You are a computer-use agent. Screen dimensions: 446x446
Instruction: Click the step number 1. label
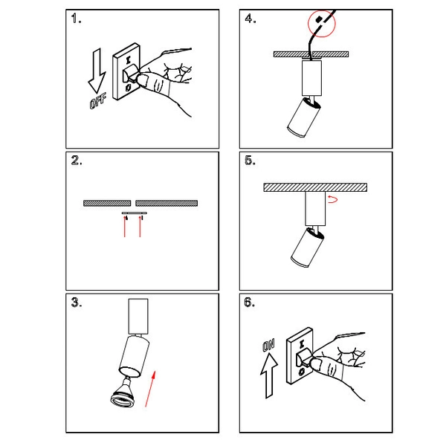(x=76, y=19)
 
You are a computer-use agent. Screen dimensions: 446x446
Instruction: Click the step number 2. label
(x=76, y=161)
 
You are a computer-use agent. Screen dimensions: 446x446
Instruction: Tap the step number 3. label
(x=76, y=303)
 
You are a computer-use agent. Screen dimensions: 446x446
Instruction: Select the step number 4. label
(x=250, y=19)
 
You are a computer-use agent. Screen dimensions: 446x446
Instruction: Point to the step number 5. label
(x=250, y=161)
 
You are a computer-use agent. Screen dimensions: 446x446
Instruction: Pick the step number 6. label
(x=250, y=303)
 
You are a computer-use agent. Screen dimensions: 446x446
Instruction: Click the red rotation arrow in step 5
(x=333, y=199)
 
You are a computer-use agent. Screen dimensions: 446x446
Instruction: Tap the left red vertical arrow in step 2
(x=126, y=227)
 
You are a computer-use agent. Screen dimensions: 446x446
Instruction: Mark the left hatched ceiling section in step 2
(x=106, y=202)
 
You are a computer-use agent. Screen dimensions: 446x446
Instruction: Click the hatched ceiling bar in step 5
(x=316, y=187)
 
